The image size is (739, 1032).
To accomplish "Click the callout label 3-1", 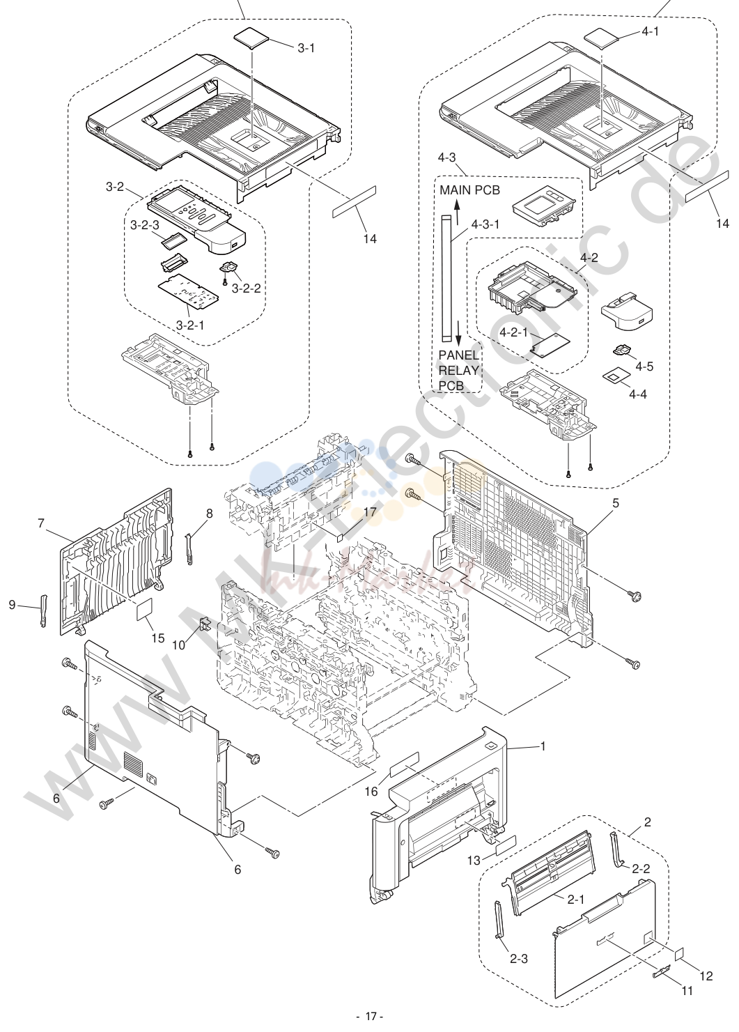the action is [306, 48].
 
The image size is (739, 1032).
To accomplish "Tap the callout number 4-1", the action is [650, 32].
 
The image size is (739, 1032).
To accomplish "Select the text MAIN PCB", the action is [469, 190].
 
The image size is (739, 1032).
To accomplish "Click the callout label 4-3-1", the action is [485, 225].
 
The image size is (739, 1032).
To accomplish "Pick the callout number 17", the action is [370, 512].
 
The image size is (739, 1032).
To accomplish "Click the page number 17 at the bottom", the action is [371, 1017].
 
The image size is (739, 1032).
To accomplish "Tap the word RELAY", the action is [458, 371].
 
